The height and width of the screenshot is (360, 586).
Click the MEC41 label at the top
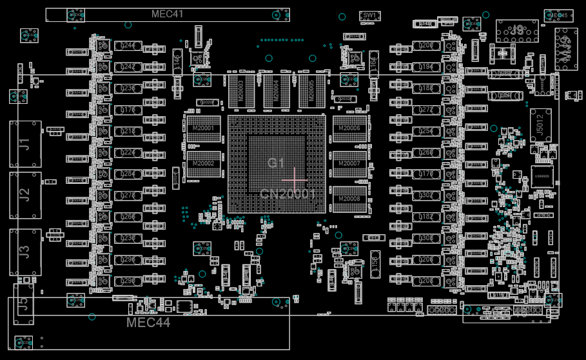[x=167, y=14]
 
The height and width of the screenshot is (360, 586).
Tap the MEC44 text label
[x=148, y=323]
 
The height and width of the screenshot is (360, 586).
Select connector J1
[x=25, y=144]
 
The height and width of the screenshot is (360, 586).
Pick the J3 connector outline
[x=25, y=252]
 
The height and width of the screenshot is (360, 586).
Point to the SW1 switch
[x=369, y=15]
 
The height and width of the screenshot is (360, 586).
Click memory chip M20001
[x=203, y=129]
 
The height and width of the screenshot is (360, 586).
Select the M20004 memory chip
[x=276, y=91]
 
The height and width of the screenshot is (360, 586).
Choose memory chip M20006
[x=349, y=129]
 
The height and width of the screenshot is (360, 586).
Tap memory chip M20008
[x=349, y=199]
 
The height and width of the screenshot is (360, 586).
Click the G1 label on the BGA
[x=277, y=163]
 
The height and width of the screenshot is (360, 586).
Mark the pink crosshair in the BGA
[x=295, y=179]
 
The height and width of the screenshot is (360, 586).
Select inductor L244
[x=128, y=46]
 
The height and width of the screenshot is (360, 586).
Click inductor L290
[x=128, y=281]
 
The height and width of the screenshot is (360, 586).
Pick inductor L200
[x=426, y=46]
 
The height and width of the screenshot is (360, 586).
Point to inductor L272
[x=426, y=110]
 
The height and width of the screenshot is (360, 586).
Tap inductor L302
[x=426, y=195]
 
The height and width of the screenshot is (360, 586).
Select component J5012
[x=541, y=125]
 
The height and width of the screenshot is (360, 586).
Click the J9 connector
[x=517, y=30]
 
